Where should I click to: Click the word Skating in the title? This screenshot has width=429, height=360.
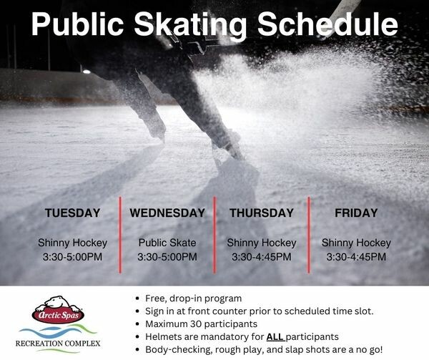pos(190,25)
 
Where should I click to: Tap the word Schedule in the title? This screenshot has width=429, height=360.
pos(327,24)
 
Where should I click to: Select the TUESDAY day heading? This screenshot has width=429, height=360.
pos(72,213)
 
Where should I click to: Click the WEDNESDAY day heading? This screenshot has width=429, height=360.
pos(167,213)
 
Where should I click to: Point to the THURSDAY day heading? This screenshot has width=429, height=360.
pos(262,213)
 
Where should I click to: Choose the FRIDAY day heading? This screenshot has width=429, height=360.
pos(356,213)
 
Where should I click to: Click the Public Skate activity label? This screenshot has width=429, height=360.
pos(167,243)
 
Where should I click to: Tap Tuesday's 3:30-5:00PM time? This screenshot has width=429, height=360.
pos(72,257)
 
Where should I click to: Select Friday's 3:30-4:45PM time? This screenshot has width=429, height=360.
pos(356,257)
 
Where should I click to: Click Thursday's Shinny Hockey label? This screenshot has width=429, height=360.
pos(262,243)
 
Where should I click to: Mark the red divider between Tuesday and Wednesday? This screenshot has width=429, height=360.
pos(120,235)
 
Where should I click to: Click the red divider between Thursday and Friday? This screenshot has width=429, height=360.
pos(309,235)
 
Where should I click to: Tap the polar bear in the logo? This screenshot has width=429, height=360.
pos(58,304)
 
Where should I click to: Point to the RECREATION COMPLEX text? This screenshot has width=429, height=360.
pos(58,344)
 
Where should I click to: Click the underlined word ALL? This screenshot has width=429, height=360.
pos(275,336)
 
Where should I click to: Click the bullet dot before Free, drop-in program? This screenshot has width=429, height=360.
pos(137,298)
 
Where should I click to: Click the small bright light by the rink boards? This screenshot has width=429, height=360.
pos(87,72)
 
